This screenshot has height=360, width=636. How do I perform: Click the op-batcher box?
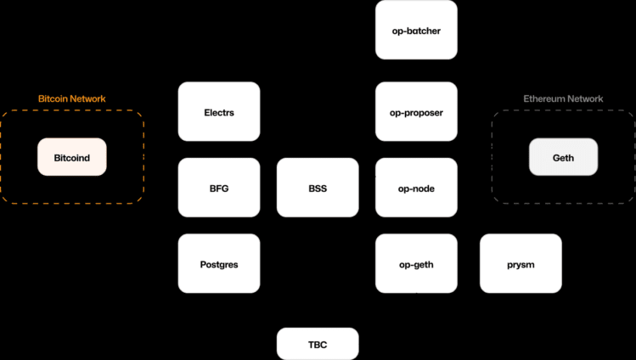[x=416, y=31]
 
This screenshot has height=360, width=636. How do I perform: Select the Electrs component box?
[x=219, y=112]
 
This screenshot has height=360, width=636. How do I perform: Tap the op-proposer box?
[x=416, y=112]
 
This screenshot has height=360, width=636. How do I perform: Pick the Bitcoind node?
[x=72, y=157]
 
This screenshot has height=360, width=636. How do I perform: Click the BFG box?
[x=219, y=188]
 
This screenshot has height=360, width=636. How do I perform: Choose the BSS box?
[x=318, y=188]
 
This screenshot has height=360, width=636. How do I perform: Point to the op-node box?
[x=416, y=188]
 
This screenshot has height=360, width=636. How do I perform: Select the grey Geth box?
[x=563, y=157]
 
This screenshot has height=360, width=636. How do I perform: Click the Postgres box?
[x=219, y=264]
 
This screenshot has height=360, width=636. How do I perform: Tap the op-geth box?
[x=416, y=264]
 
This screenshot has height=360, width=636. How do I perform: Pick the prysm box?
[x=521, y=264]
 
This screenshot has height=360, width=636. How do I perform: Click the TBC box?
[x=318, y=344]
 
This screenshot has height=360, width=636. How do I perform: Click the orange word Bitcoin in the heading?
[x=53, y=99]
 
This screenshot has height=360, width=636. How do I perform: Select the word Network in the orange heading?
[x=88, y=99]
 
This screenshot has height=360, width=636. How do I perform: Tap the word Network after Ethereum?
[x=585, y=99]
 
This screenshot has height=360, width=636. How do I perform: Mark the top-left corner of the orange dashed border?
[x=3, y=112]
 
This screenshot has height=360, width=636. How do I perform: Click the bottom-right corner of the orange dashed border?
[x=143, y=202]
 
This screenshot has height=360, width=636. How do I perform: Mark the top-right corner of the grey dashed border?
[x=633, y=112]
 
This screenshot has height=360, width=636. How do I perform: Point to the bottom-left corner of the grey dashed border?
[x=493, y=202]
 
